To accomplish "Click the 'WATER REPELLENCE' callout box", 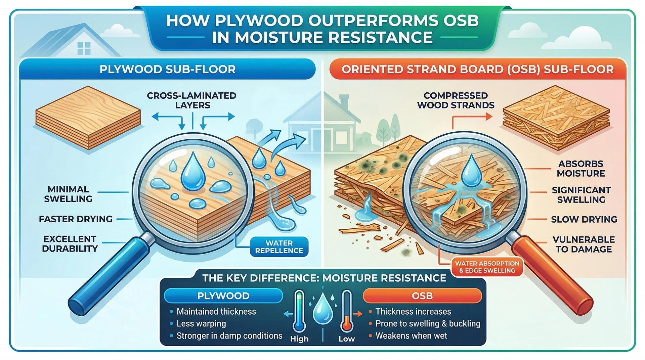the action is pos(279,247).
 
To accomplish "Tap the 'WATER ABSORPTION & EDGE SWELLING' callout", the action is pos(487,267).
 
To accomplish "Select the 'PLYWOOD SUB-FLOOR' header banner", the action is pos(167,70).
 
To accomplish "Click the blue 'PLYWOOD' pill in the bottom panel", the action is pos(223,296).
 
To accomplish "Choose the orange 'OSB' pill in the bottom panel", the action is pos(422,296).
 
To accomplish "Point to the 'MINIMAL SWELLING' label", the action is pos(68,194).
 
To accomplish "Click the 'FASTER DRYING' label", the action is pos(76,219).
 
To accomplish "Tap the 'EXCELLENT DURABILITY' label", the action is pos(70,244).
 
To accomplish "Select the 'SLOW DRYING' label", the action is pos(584,219).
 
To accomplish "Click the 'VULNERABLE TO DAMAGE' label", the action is pos(584,244).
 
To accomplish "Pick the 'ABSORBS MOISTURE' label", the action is pos(581,169).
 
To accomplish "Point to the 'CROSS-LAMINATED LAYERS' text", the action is pos(192,100).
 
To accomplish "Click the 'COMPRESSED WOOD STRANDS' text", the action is pos(456,100).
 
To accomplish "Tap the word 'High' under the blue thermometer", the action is pos(299,339).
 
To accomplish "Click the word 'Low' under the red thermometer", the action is pos(346,339).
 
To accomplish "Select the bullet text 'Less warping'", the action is pos(201,324).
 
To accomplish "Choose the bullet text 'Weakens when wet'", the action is pos(411,336).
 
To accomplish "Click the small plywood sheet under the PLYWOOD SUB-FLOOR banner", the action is pos(88,118).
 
